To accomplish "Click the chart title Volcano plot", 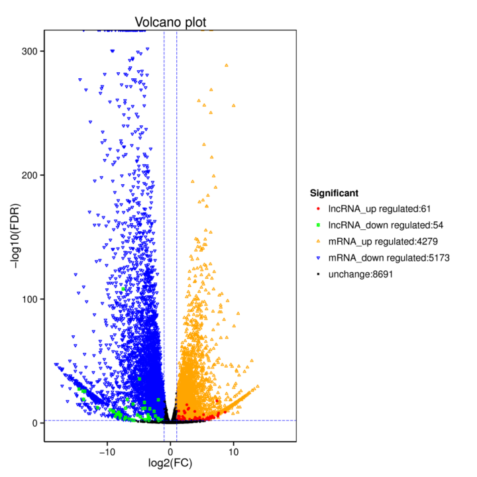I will [x=170, y=22].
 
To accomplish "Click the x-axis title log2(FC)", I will [x=170, y=462].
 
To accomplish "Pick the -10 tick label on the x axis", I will [x=107, y=451].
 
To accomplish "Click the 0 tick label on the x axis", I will [x=170, y=451].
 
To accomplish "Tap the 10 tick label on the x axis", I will [x=233, y=451].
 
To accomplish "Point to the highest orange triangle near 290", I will [x=227, y=66].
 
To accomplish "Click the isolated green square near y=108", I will [x=123, y=289].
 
